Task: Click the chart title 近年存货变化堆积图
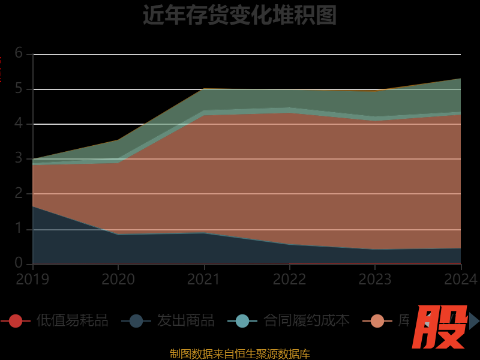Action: click(x=239, y=15)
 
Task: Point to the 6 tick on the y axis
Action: click(x=19, y=53)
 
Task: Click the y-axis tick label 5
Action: click(x=19, y=89)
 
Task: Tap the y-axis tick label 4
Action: click(x=19, y=124)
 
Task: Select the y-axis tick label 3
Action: click(x=19, y=158)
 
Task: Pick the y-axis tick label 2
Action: click(x=19, y=193)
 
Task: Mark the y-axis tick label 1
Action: click(x=19, y=229)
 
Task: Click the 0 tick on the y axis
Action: click(x=19, y=263)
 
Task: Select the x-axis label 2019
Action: click(x=32, y=280)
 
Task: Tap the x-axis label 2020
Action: click(x=118, y=280)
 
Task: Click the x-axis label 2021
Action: click(x=204, y=280)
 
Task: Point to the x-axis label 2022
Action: click(x=290, y=280)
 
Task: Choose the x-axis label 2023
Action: click(x=375, y=280)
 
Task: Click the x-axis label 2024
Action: click(x=461, y=280)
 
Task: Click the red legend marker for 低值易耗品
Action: click(x=16, y=321)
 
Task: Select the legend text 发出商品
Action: click(x=185, y=321)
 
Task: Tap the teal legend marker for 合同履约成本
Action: click(x=242, y=321)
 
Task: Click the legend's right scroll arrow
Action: click(x=474, y=321)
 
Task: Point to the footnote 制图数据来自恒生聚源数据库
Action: click(x=239, y=354)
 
